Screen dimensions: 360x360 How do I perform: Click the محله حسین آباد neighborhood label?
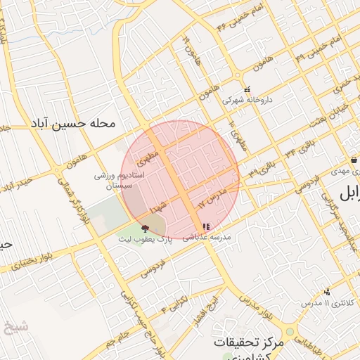pos(72,122)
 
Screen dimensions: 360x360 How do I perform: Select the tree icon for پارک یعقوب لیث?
pos(146,228)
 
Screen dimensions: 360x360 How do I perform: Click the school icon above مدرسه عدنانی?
pos(205,227)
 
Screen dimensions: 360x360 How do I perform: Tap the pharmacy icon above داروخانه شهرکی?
pos(247,90)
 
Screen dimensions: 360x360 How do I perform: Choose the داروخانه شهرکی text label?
pos(247,101)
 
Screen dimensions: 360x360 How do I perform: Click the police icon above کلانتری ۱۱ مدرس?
pos(326,292)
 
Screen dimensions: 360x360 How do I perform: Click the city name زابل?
pos(349,193)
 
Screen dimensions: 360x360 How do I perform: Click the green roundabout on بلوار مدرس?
pos(290,332)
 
